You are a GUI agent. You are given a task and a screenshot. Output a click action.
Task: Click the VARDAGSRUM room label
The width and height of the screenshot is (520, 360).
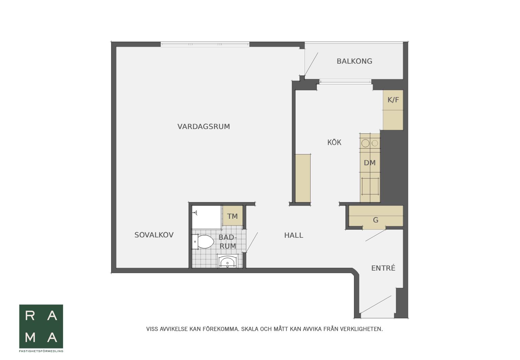204,127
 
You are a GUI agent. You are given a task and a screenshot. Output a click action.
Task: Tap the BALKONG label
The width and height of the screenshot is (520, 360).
354,61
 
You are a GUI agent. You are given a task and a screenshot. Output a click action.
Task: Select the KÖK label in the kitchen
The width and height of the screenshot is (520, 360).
334,142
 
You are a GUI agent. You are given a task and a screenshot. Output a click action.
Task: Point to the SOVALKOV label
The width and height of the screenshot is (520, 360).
154,235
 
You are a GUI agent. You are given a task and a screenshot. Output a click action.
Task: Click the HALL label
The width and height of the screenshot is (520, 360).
294,235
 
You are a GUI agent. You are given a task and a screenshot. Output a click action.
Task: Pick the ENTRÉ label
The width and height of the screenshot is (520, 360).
383,268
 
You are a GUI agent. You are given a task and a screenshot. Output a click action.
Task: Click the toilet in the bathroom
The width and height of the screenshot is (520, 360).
203,241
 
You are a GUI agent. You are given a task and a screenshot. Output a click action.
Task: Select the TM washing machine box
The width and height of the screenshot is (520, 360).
233,215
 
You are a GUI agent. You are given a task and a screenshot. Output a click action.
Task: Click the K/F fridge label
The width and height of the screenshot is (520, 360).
393,100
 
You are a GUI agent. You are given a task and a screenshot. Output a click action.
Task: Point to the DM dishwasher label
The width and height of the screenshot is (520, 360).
370,163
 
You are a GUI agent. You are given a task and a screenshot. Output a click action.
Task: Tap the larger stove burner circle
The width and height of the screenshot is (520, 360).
366,144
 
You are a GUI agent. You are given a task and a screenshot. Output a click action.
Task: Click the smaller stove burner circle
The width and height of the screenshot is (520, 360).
375,143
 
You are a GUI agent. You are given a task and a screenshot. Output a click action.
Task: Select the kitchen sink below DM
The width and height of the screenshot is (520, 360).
370,186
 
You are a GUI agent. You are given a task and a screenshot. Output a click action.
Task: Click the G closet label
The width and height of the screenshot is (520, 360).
376,220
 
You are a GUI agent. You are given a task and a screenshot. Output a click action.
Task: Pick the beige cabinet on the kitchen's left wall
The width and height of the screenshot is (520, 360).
303,178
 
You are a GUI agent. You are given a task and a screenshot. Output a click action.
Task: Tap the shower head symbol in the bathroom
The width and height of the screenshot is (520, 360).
195,213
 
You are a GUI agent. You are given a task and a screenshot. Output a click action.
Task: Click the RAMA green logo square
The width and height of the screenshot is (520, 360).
41,326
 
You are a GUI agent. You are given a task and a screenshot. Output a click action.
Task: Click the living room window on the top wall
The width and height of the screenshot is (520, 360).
205,44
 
